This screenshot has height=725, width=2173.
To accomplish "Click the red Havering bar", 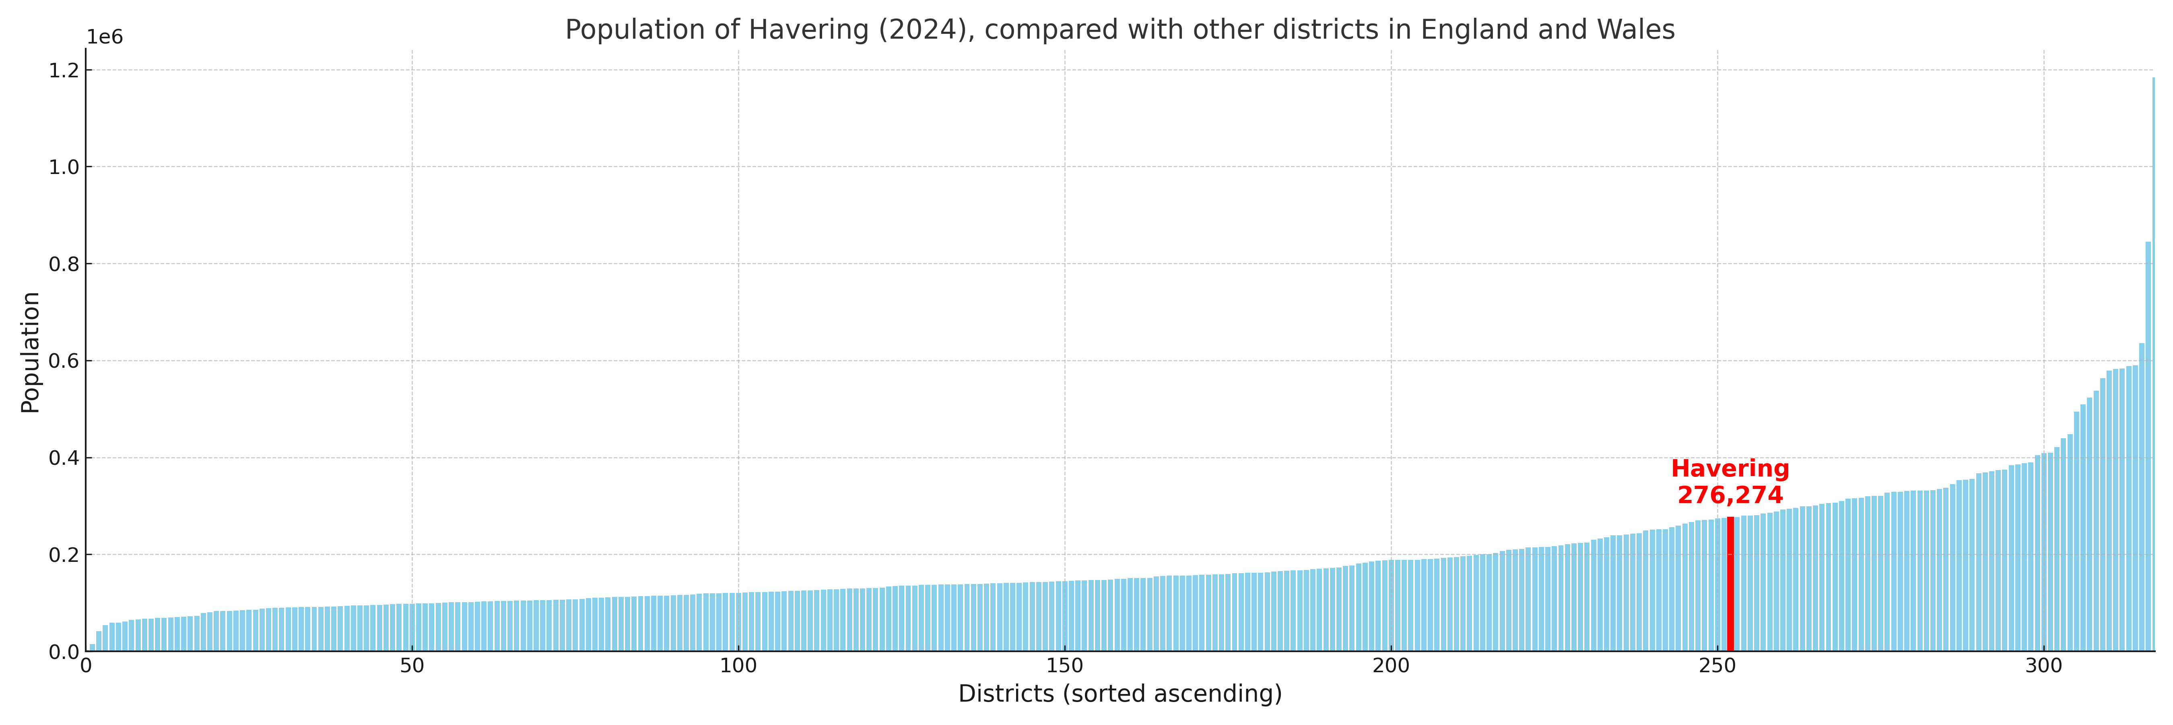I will click(x=1730, y=584).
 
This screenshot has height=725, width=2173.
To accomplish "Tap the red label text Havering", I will click(x=1730, y=469).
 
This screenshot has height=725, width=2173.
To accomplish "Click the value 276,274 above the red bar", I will click(x=1730, y=495).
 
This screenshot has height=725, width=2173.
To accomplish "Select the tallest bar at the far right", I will click(x=2153, y=363).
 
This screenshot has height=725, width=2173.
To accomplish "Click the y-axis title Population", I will click(x=30, y=352).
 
